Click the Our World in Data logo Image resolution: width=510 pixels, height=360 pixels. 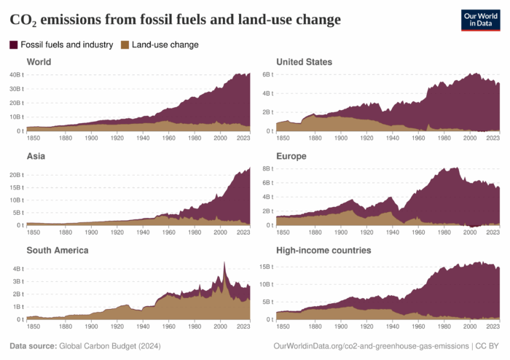point(480,20)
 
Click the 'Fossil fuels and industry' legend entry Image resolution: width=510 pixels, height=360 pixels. point(61,44)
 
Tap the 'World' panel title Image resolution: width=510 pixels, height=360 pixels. point(39,62)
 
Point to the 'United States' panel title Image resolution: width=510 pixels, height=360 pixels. point(304,62)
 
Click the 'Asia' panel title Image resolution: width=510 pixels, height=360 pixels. point(36,156)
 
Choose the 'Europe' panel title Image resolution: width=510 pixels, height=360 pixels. point(291,156)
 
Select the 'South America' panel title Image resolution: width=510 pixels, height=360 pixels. point(58,250)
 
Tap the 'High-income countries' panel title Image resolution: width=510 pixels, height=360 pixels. point(323,250)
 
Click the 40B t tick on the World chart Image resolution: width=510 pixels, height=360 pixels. point(16,74)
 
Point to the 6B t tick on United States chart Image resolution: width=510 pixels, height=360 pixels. point(267,74)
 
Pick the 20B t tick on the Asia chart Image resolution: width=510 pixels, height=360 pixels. point(16,175)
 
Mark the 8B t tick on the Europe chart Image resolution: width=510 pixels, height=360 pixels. point(267,168)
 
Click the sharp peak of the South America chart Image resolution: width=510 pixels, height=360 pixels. point(224,262)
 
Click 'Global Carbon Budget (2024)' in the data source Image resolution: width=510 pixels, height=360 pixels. point(109,345)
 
